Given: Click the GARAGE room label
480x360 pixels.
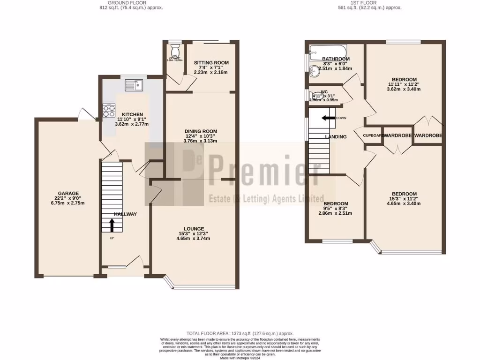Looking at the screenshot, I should (68, 193).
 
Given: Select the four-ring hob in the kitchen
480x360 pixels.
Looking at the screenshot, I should (110, 111).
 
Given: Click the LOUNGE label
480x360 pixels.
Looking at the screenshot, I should (194, 228).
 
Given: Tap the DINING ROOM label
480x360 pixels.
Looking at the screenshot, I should (200, 131).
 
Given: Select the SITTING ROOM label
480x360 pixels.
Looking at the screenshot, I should (211, 63).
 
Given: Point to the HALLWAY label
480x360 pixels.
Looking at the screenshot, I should (125, 214).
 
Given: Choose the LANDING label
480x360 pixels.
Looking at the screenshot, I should (336, 137).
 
